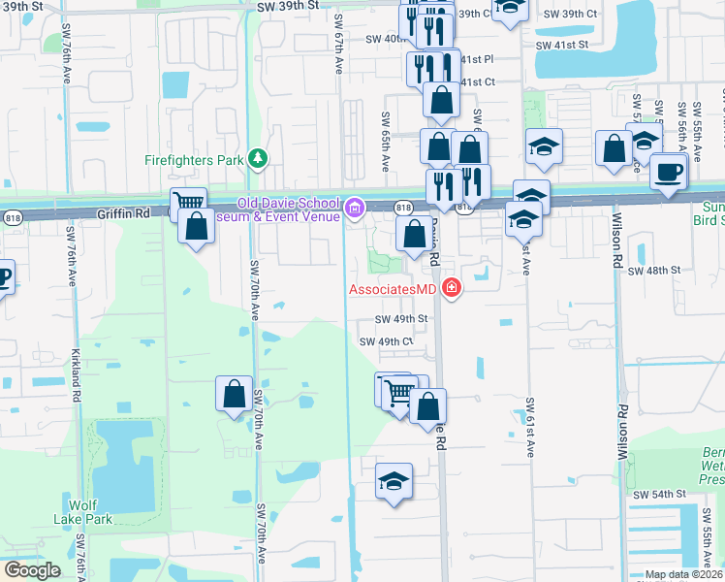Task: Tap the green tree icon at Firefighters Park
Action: coord(257,157)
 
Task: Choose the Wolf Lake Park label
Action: coord(91,511)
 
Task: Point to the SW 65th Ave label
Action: coord(386,136)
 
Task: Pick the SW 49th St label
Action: coord(402,319)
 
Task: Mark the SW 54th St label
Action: coord(660,495)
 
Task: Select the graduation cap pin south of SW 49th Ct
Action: coord(394,481)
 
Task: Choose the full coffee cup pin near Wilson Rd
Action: coord(668,172)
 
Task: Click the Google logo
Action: coord(32,570)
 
